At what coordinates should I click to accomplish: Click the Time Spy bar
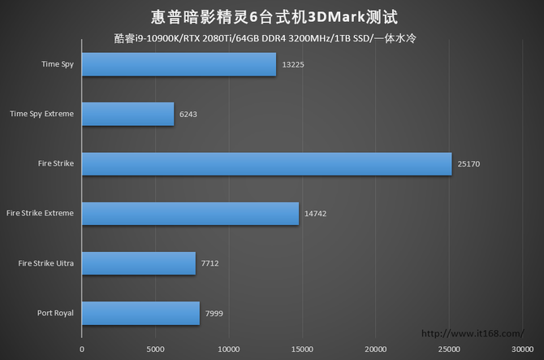(179, 64)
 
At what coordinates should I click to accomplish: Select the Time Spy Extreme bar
(127, 114)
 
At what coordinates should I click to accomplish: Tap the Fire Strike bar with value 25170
(266, 163)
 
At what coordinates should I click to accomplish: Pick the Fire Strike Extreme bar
(190, 213)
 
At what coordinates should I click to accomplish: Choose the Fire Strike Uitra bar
(139, 262)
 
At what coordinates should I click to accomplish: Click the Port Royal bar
(140, 313)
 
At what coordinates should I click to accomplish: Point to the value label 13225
(294, 64)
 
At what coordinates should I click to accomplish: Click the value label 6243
(189, 114)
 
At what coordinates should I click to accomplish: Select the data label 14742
(315, 213)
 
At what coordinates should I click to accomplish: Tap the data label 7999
(215, 313)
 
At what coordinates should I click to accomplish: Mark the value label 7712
(211, 263)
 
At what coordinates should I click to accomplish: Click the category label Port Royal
(55, 313)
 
